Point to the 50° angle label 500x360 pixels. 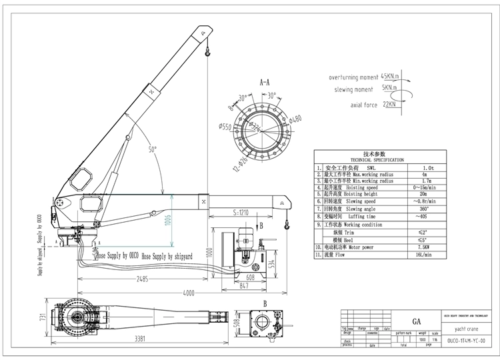pyautogui.click(x=154, y=150)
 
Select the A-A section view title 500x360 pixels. pyautogui.click(x=264, y=83)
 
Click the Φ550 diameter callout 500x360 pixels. pyautogui.click(x=226, y=127)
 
